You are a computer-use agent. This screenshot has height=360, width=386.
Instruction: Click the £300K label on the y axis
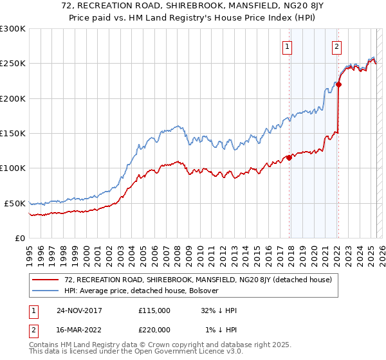pos(13,29)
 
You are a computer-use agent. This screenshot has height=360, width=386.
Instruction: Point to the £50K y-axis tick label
pos(15,203)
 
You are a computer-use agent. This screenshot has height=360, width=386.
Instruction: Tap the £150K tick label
pos(13,134)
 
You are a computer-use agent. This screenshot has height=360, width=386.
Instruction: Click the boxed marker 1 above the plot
pos(286,46)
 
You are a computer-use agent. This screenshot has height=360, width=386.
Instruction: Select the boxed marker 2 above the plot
pos(336,46)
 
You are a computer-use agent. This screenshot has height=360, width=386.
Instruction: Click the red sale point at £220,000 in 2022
pos(338,84)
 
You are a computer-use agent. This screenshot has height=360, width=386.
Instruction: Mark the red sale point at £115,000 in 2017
pos(289,157)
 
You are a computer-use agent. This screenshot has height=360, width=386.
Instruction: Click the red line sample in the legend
pos(46,280)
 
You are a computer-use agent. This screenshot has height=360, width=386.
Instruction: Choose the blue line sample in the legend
pos(46,291)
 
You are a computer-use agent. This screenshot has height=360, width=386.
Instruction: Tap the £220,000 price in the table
pos(154,329)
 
